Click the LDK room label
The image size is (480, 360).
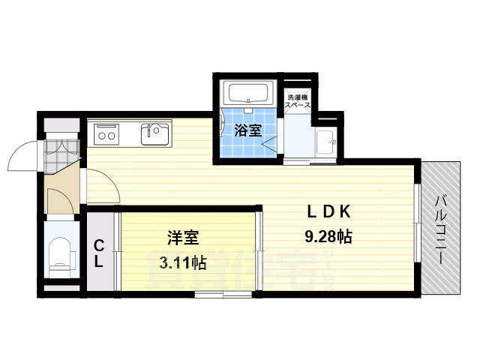point(328,211)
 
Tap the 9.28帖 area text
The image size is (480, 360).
point(328,236)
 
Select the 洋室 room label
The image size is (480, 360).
point(182,238)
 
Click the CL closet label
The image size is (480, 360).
point(98,252)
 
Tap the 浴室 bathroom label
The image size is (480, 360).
point(247,130)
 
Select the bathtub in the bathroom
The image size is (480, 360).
point(247,94)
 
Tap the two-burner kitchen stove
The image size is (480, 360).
point(106,136)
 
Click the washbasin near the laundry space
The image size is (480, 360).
point(325,142)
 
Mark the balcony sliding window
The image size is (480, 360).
point(416,225)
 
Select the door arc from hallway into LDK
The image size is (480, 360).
point(101,187)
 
